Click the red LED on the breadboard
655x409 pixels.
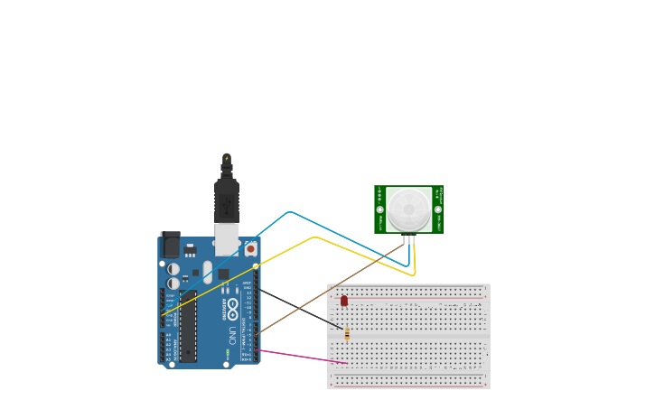click(x=343, y=300)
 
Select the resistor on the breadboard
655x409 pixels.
click(x=347, y=334)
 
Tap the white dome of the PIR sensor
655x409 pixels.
click(x=409, y=209)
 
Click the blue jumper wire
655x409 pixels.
click(x=289, y=213)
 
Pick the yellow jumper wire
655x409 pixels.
click(x=313, y=238)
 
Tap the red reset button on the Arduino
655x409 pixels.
click(x=250, y=247)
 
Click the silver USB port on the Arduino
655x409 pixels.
click(x=227, y=238)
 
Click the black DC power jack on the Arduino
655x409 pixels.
click(x=170, y=245)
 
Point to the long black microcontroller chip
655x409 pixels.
click(x=188, y=326)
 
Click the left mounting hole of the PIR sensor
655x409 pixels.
click(x=380, y=209)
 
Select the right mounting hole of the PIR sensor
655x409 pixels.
click(x=438, y=209)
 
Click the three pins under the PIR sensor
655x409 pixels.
click(x=409, y=239)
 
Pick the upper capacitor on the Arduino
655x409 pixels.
click(x=173, y=269)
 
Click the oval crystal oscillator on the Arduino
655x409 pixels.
click(x=207, y=272)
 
